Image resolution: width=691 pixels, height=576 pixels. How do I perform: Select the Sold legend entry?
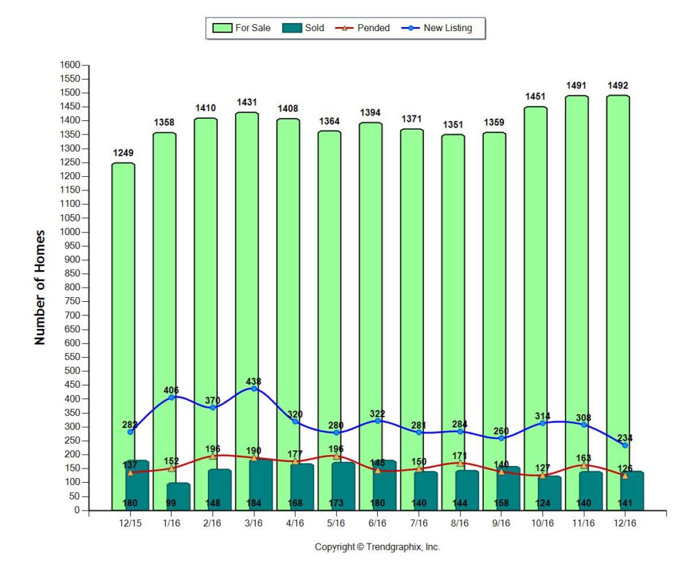pyautogui.click(x=305, y=28)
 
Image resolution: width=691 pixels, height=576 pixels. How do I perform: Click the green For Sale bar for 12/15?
pyautogui.click(x=123, y=304)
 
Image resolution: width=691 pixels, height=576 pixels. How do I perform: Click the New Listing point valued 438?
pyautogui.click(x=254, y=388)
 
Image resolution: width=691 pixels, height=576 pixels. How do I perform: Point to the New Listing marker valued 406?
pyautogui.click(x=171, y=397)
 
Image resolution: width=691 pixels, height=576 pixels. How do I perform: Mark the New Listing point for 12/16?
pyautogui.click(x=625, y=445)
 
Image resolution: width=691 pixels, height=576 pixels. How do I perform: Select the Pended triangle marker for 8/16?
pyautogui.click(x=460, y=463)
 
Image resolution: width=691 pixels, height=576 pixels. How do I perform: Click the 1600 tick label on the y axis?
pyautogui.click(x=70, y=65)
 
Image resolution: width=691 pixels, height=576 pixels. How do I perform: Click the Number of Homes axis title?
pyautogui.click(x=40, y=288)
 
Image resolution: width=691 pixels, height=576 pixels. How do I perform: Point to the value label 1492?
pyautogui.click(x=618, y=86)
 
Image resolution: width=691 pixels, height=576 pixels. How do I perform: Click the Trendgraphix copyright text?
pyautogui.click(x=377, y=547)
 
